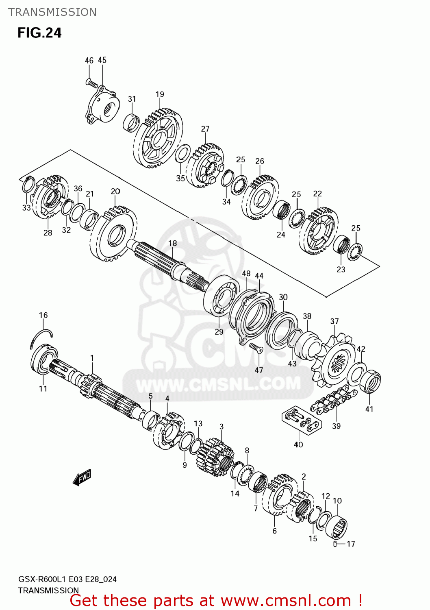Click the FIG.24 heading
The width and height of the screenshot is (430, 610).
(39, 33)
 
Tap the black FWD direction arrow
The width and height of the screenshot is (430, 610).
(82, 477)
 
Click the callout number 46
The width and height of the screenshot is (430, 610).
(89, 61)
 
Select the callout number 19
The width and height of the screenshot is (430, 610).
(160, 94)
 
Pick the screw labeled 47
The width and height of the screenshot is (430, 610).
(256, 348)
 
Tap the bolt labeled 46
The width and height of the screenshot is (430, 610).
(91, 83)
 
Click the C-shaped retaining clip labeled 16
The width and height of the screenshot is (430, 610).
(41, 337)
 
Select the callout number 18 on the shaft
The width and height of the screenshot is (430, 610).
(173, 243)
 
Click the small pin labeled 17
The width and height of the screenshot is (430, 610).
(335, 544)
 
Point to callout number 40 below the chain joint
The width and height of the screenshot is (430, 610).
(298, 444)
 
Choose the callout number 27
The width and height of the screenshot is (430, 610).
(205, 129)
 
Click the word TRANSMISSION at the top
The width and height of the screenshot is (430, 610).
(52, 12)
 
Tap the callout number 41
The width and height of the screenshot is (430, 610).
(369, 409)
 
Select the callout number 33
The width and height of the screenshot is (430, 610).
(26, 208)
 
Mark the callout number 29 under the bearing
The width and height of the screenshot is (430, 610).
(219, 332)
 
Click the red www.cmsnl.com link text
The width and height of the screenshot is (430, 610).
(286, 601)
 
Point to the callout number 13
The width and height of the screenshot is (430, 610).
(198, 423)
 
